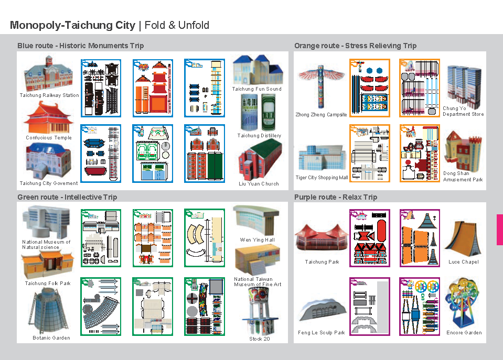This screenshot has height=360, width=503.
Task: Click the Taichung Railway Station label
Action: [x=49, y=95]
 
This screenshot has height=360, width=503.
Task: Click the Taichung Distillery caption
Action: [x=259, y=136]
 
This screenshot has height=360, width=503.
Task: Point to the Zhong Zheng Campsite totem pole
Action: [x=321, y=86]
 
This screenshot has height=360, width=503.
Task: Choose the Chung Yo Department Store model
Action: [x=464, y=86]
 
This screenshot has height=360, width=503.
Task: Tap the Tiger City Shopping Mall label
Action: [x=322, y=178]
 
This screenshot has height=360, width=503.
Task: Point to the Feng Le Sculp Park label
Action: [x=321, y=333]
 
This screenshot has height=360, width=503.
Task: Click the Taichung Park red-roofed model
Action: [x=322, y=238]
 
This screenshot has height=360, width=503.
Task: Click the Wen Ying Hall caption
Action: [x=258, y=240]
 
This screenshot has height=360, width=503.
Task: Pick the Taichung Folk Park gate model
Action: [x=48, y=265]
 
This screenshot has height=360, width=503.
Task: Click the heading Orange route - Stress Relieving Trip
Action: [x=356, y=46]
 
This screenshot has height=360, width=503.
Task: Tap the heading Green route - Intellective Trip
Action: [x=67, y=197]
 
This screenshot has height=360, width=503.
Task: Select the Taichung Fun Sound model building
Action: [x=258, y=70]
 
